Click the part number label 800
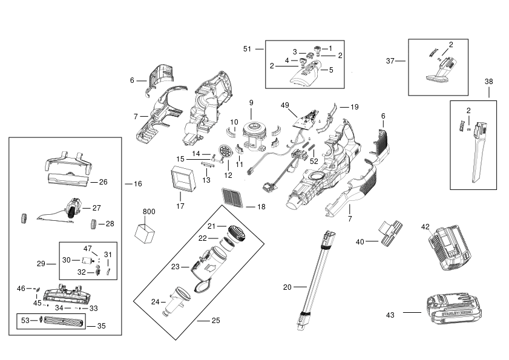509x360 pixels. pyautogui.click(x=149, y=212)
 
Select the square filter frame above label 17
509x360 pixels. pyautogui.click(x=183, y=178)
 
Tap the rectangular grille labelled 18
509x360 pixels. pyautogui.click(x=232, y=197)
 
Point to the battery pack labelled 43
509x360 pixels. pyautogui.click(x=454, y=309)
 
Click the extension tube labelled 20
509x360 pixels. pyautogui.click(x=316, y=281)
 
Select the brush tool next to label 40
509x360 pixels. pyautogui.click(x=392, y=233)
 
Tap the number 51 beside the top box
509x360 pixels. pyautogui.click(x=248, y=49)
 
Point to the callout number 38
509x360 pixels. pyautogui.click(x=488, y=82)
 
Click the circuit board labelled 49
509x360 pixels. pyautogui.click(x=306, y=119)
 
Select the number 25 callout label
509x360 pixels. pyautogui.click(x=216, y=321)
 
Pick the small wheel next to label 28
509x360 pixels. pyautogui.click(x=93, y=224)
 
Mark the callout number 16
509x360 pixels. pyautogui.click(x=138, y=184)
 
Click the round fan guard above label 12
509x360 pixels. pyautogui.click(x=226, y=152)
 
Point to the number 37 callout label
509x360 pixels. pyautogui.click(x=390, y=61)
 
